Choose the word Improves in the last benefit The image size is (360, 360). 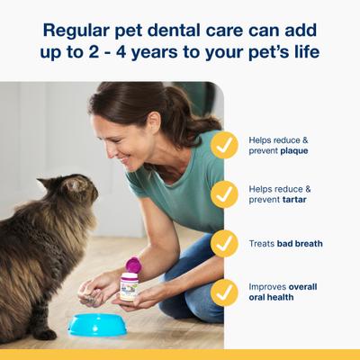click(271, 286)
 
